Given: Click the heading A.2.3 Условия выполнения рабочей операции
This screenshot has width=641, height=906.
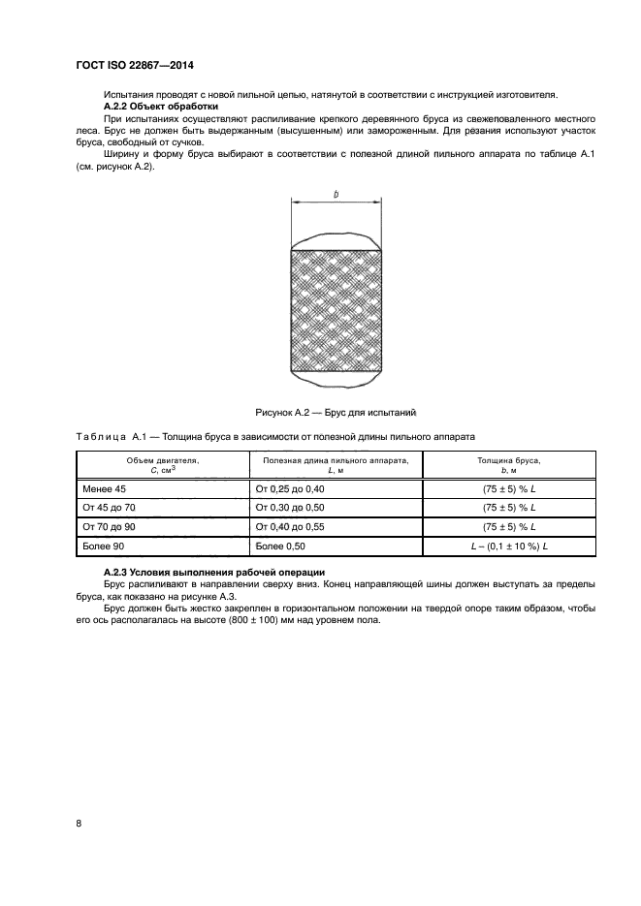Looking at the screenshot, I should click(213, 573).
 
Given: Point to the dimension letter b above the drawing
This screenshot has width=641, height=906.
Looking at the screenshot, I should click(336, 195).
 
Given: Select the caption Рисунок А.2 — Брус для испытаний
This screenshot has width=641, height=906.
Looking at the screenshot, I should click(336, 412).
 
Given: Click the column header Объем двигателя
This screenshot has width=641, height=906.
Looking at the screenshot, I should click(162, 459).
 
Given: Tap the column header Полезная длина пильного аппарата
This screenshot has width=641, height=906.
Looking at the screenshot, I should click(337, 459).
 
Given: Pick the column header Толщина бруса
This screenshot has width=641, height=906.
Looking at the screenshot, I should click(509, 459).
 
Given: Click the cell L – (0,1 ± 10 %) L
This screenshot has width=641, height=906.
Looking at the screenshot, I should click(509, 547).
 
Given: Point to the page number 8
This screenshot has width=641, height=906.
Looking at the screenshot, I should click(78, 823).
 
